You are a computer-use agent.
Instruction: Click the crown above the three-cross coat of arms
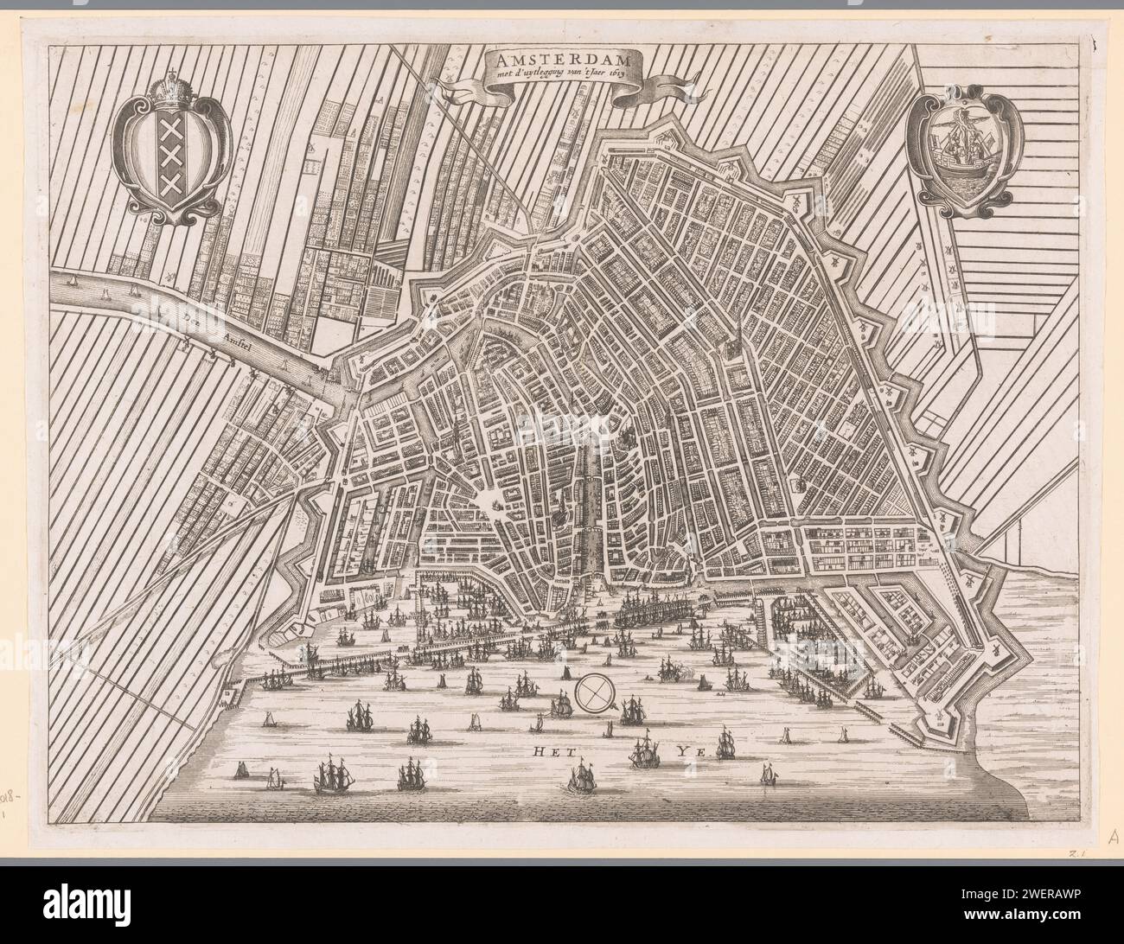[x=180, y=90]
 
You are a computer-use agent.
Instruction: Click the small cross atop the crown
[x=180, y=73]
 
